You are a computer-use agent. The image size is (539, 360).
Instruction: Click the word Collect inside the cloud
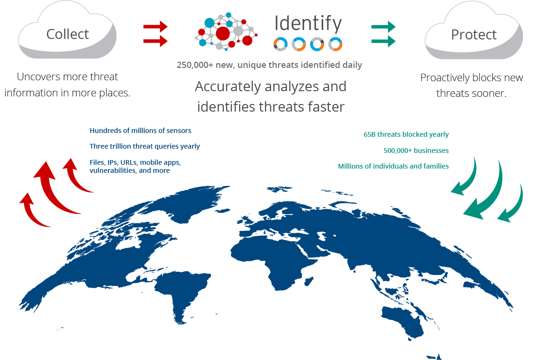(67, 34)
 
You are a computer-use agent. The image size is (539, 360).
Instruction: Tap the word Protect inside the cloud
(474, 35)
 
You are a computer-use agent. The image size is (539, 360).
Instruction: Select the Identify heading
(308, 23)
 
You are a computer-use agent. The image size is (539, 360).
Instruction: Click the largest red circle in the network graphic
(223, 33)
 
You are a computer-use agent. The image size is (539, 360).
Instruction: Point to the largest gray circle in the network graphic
(238, 31)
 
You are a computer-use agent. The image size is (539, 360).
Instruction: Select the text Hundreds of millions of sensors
(140, 131)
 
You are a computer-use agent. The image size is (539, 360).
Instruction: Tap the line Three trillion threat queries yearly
(144, 146)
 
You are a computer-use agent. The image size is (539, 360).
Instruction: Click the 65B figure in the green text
(369, 134)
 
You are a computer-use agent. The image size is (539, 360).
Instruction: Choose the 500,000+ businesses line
(416, 151)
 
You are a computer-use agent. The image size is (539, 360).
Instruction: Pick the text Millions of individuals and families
(393, 166)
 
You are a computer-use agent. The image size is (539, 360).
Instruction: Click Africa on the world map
(271, 257)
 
